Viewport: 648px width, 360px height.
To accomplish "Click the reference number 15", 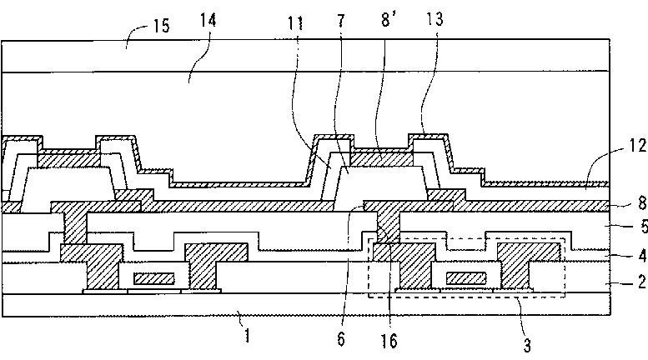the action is pos(162,26).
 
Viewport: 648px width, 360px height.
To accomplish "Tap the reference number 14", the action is pos(208,20).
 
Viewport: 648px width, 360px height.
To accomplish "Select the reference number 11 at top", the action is pos(295,23).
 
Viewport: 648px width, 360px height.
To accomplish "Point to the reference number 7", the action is pos(340,20).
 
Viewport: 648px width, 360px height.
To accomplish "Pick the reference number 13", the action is pos(435,19).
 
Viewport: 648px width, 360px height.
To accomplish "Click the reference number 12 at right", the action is pos(638,145).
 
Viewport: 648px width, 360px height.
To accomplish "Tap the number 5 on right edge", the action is pos(643,227).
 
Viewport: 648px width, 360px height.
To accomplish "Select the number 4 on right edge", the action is pos(642,256).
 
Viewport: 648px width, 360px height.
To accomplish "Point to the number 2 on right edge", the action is pos(642,282).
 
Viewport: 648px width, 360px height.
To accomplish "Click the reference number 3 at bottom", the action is pos(527,345).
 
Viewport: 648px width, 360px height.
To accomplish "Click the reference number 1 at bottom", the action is pos(247,335).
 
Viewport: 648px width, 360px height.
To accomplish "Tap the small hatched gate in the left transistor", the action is pos(153,279).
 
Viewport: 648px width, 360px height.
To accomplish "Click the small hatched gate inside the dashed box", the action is pos(466,278).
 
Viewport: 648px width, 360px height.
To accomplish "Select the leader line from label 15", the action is pos(138,34).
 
